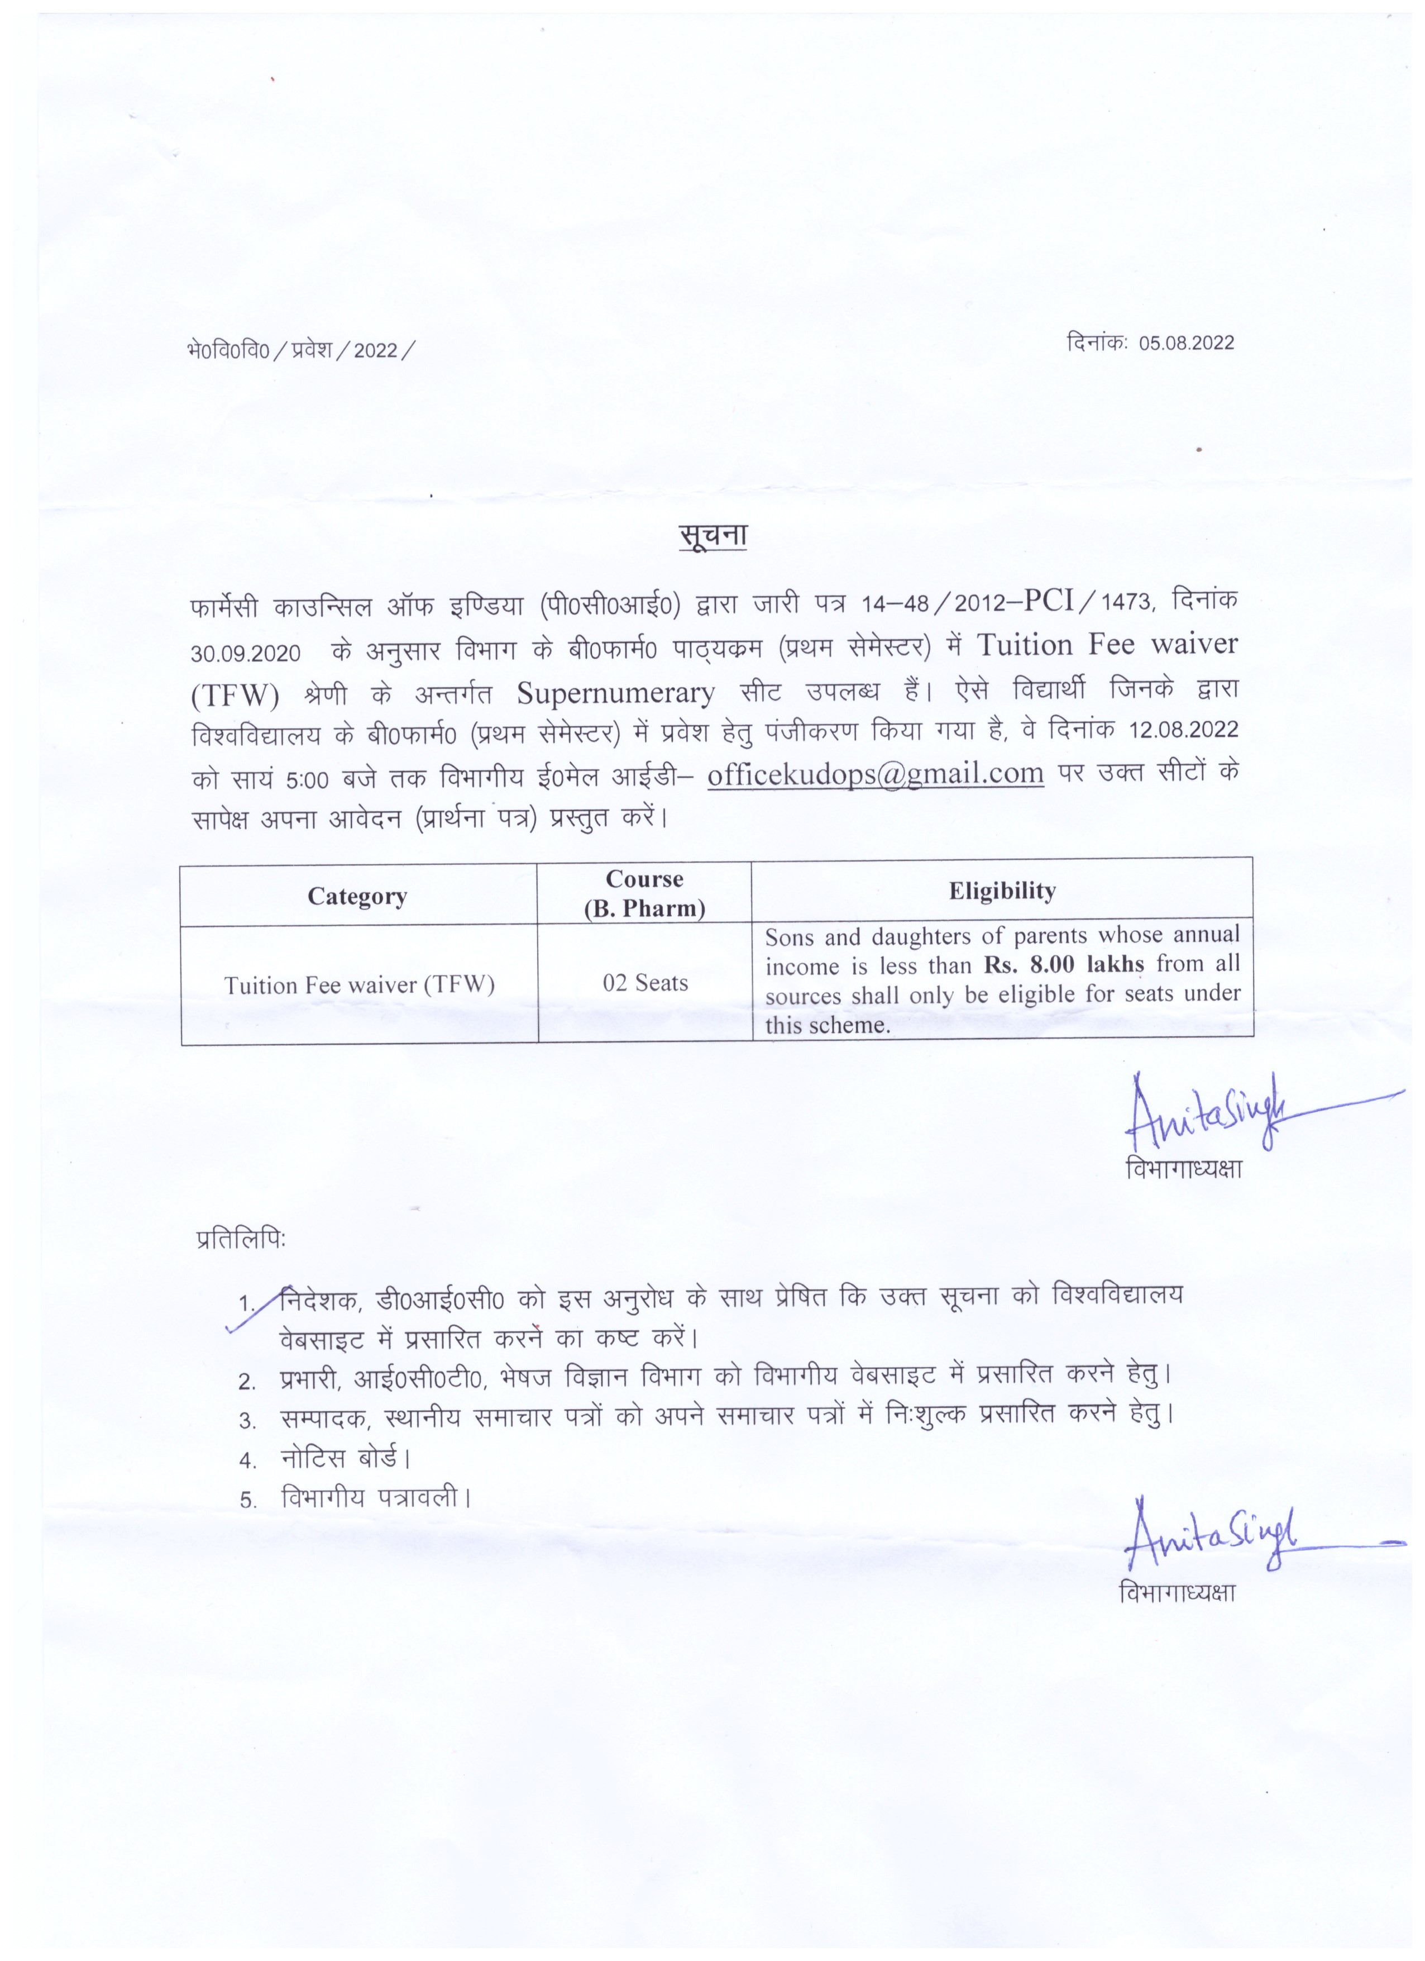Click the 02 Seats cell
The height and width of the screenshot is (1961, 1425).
[645, 983]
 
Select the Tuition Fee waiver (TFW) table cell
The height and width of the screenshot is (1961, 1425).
[358, 985]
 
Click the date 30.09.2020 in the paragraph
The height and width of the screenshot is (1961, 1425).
[246, 653]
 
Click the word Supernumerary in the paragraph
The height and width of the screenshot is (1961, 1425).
[615, 693]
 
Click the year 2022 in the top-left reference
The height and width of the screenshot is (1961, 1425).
[375, 350]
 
